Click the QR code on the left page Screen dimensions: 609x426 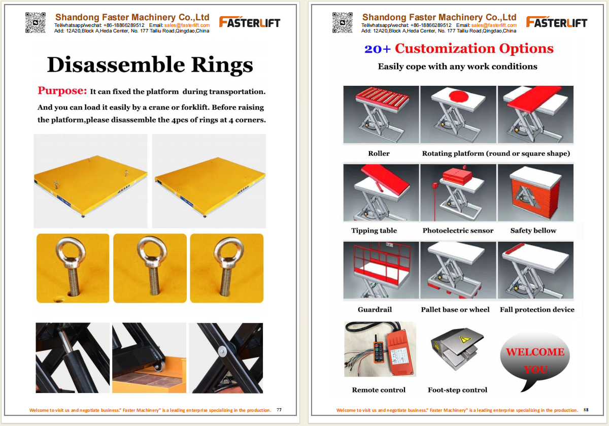pos(36,22)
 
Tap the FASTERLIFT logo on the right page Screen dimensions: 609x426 pos(557,22)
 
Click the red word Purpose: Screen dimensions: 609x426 pos(62,90)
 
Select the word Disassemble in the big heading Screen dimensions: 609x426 pos(116,65)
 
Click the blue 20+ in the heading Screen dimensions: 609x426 pos(378,49)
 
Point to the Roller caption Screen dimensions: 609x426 pos(379,153)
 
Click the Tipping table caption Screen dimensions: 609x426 pos(374,231)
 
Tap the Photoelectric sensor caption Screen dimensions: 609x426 pos(458,231)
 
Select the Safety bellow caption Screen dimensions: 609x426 pos(533,231)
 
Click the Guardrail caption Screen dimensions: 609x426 pos(375,310)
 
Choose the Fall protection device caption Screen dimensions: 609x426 pos(537,310)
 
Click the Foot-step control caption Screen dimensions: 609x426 pos(457,390)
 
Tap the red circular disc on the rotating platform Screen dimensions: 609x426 pos(459,96)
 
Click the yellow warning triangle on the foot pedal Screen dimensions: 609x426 pos(465,340)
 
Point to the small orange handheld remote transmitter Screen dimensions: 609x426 pos(378,349)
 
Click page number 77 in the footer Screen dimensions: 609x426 pos(279,410)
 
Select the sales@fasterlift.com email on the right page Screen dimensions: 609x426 pos(494,25)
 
